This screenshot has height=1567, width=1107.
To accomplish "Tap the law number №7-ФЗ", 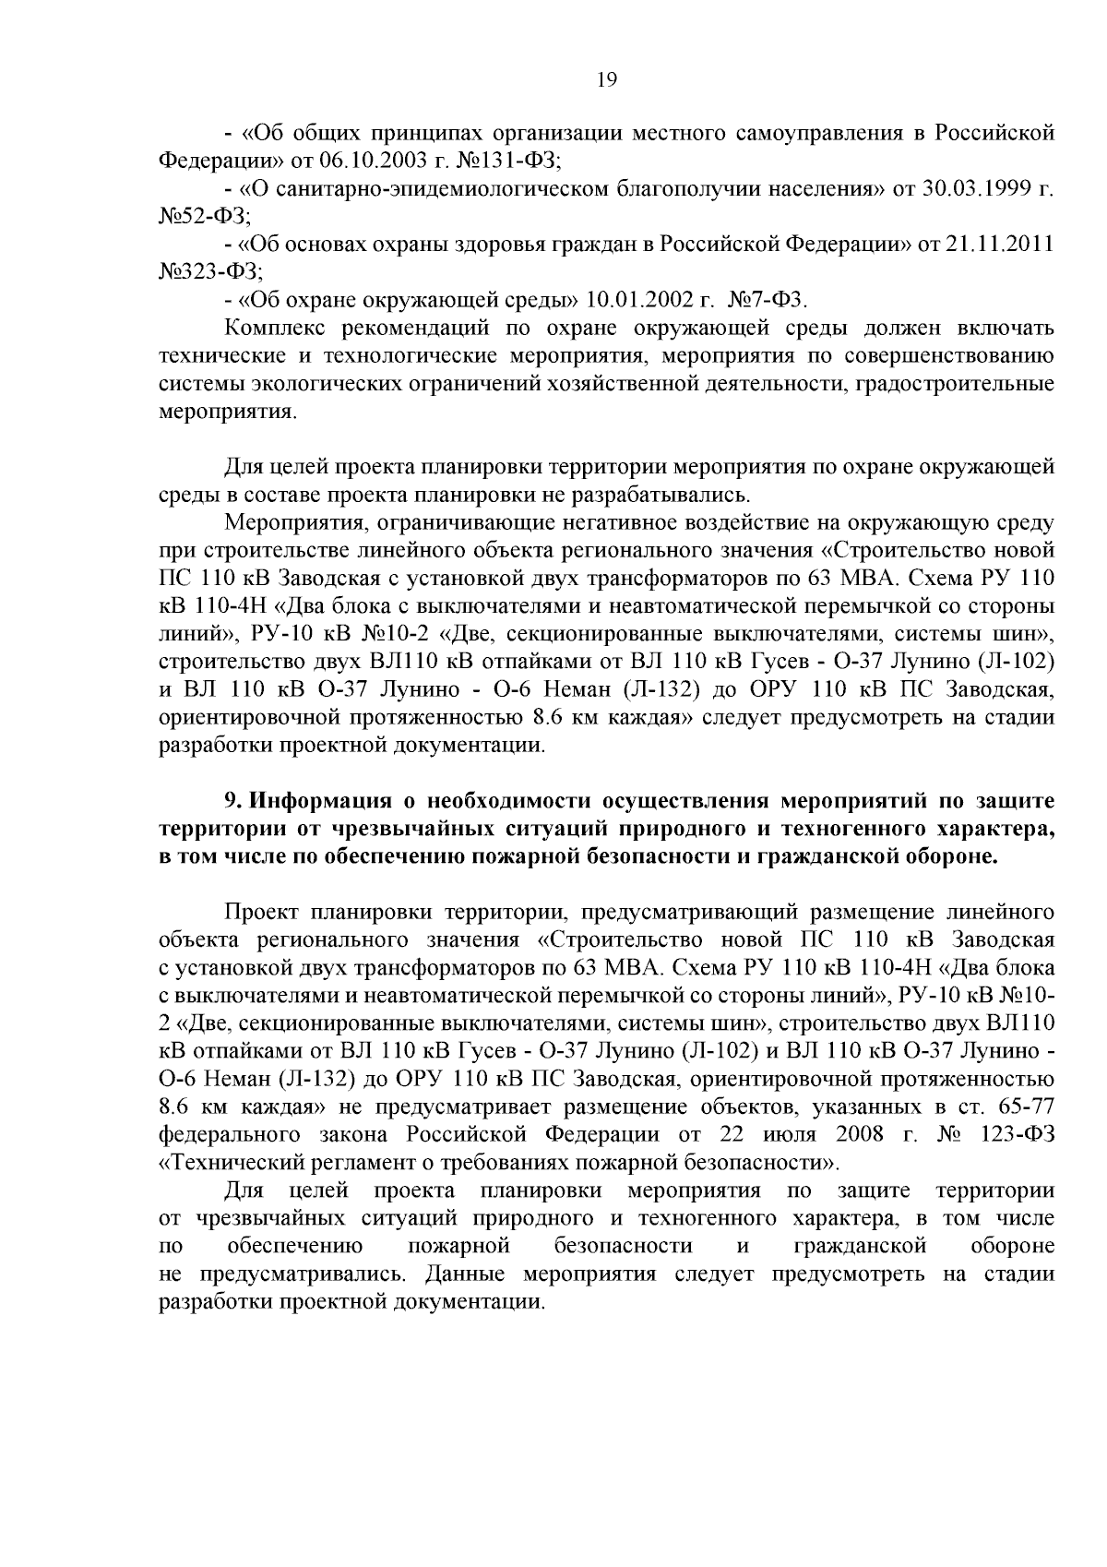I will coord(768,301).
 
